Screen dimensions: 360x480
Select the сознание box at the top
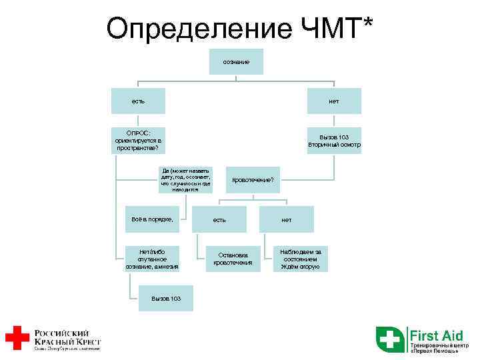[x=236, y=62]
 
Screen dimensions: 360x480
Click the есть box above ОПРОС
[x=139, y=101]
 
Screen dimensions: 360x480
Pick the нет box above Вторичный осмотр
[x=333, y=101]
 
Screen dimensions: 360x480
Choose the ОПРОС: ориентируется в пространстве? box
[x=139, y=141]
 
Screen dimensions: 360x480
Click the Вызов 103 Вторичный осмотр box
[x=333, y=141]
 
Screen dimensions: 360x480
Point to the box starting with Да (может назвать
[x=185, y=180]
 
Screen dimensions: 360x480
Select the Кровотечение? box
[x=257, y=180]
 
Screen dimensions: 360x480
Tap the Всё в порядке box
[x=152, y=219]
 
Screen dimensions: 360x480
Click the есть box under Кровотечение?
[x=219, y=219]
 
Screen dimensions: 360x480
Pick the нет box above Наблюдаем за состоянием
[x=287, y=219]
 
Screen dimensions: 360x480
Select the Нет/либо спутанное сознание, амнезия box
[x=152, y=259]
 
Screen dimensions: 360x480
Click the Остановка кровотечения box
[x=233, y=259]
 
